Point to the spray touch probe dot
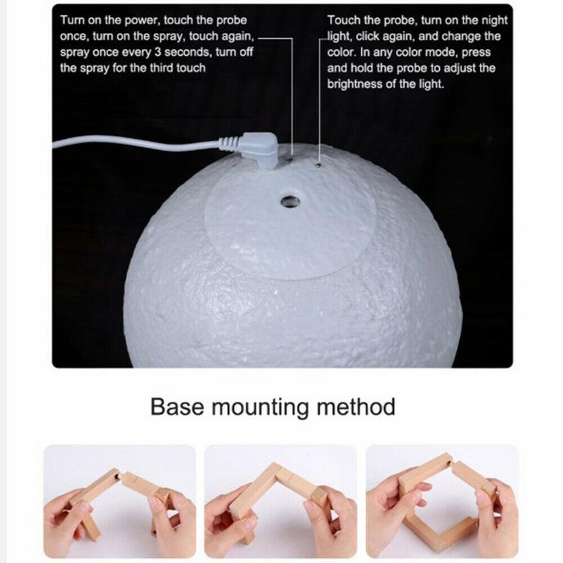click(291, 158)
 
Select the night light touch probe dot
click(318, 165)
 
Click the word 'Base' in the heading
click(178, 407)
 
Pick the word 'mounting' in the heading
click(260, 408)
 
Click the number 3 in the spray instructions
click(158, 52)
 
